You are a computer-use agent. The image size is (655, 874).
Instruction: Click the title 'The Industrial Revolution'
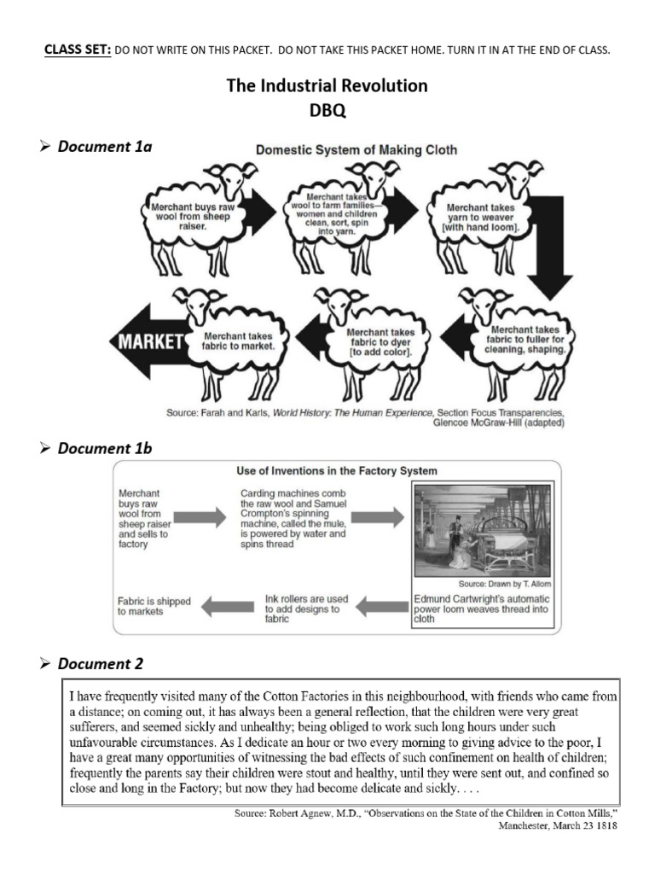(x=327, y=86)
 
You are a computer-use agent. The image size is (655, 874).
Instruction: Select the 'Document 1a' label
(x=104, y=147)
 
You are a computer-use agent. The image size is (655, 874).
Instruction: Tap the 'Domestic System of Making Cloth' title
(x=356, y=149)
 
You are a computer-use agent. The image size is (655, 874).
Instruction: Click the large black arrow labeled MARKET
(x=149, y=343)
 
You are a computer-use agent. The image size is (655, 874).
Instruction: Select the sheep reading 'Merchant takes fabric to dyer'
(x=375, y=341)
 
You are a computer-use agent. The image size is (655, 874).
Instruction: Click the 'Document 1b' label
(x=104, y=447)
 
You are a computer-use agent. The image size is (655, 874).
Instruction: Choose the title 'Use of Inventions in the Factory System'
(x=336, y=470)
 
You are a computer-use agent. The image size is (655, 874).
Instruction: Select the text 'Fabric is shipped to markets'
(x=154, y=606)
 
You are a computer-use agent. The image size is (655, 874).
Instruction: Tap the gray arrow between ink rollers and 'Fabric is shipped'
(x=229, y=606)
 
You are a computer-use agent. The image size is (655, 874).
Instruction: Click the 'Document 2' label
(x=101, y=663)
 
